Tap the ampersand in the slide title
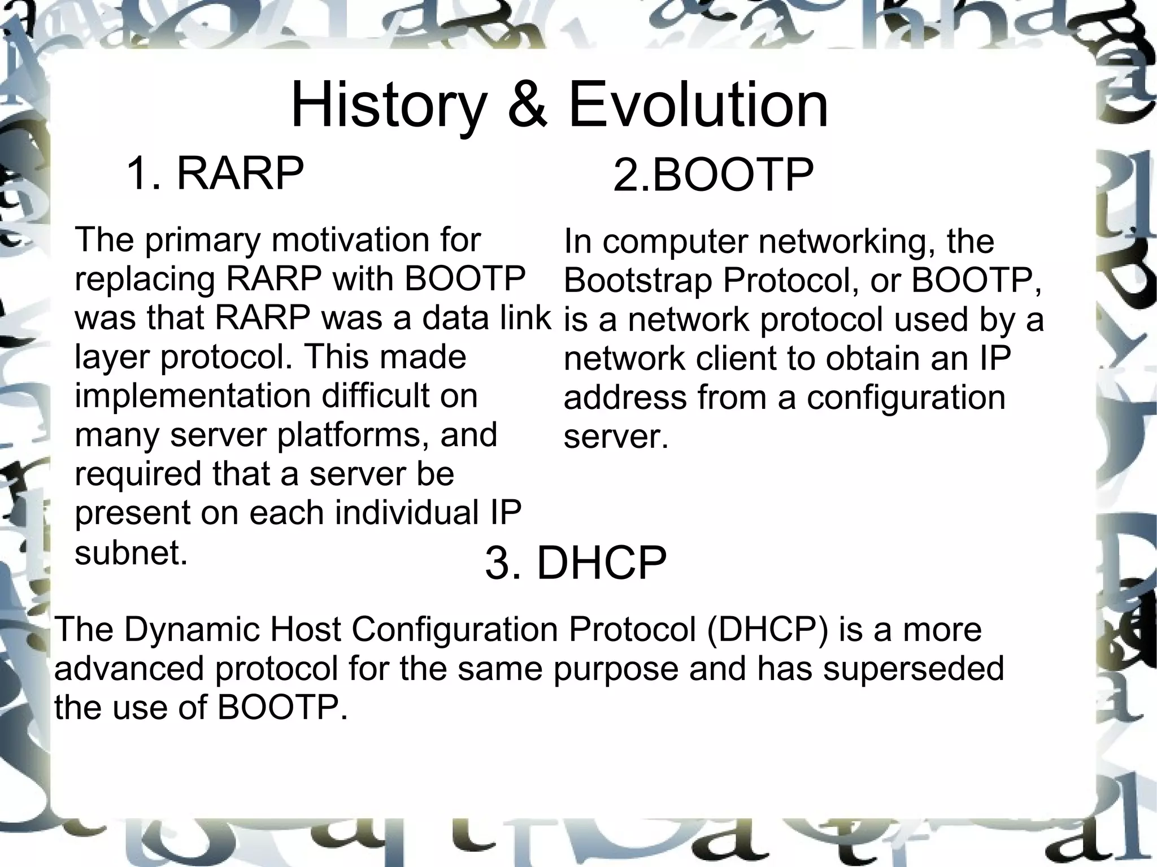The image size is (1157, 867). click(x=527, y=106)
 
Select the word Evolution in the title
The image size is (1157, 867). click(x=698, y=106)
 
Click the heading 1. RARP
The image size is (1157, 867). click(x=215, y=173)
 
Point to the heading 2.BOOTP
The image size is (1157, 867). click(x=713, y=176)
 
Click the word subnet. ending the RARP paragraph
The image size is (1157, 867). click(x=131, y=552)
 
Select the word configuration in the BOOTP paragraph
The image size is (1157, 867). click(x=906, y=398)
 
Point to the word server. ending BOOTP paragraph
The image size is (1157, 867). click(x=616, y=437)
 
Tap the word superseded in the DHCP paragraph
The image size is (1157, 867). click(x=913, y=668)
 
